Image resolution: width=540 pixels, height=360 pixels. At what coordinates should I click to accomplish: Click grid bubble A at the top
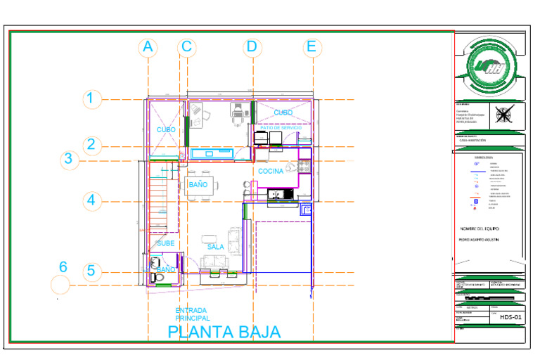point(148,47)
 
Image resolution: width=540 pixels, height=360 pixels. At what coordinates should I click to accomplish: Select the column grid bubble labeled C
point(186,47)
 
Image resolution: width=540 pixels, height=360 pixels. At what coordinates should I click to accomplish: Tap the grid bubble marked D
point(252,47)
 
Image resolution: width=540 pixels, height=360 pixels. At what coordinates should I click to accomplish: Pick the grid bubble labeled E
point(311,47)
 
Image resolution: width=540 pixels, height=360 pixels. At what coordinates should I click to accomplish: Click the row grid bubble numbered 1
point(91,98)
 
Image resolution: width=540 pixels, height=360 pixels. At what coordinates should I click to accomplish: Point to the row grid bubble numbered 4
point(91,200)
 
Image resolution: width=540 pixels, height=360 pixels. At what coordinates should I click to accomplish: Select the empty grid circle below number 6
point(60,285)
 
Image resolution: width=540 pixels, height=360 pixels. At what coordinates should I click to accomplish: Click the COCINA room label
point(271,172)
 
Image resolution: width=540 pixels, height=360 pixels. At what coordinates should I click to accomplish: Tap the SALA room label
point(216,247)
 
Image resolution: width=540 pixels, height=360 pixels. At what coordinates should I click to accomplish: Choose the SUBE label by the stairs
point(166,243)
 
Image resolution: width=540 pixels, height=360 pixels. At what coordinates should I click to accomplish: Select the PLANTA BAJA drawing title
point(224,332)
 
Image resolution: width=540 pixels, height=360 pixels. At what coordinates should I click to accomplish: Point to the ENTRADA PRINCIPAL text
point(193,314)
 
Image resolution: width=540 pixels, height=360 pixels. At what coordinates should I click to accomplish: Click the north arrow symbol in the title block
point(503,115)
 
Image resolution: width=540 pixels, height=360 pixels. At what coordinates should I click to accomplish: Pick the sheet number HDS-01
point(509,317)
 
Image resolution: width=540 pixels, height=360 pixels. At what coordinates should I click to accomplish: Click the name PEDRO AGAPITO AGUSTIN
point(483,240)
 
